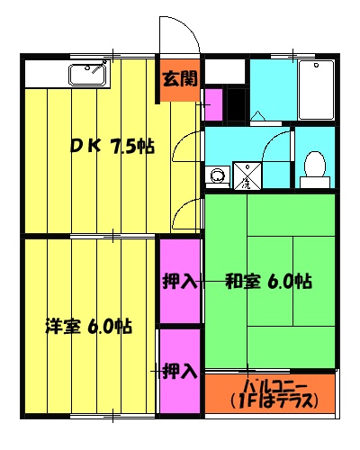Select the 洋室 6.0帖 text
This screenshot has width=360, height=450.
click(89, 326)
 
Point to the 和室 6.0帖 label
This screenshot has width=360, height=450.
click(267, 282)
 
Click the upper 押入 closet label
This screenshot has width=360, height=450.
click(179, 282)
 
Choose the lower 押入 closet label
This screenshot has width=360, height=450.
click(180, 369)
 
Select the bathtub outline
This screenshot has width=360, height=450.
click(314, 90)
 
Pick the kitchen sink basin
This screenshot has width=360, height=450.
click(88, 71)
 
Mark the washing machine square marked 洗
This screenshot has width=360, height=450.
click(246, 175)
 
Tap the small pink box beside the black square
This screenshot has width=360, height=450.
click(213, 102)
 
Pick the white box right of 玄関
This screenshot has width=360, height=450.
click(226, 70)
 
